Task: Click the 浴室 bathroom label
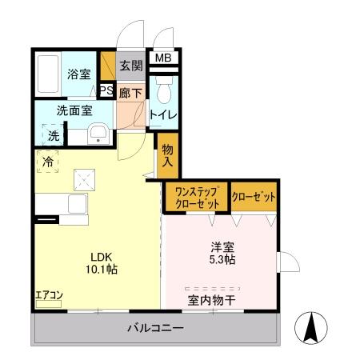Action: [79, 74]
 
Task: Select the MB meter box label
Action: [163, 58]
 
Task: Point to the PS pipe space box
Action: [107, 90]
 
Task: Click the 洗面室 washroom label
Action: [74, 111]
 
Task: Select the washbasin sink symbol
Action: [98, 133]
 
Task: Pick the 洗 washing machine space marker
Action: [53, 136]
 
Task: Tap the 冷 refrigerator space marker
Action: [47, 161]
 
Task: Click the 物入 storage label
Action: [167, 154]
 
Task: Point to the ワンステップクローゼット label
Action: [196, 197]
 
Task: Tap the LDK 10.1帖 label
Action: [102, 263]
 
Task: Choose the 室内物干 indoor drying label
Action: [212, 301]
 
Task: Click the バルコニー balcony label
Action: [156, 328]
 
